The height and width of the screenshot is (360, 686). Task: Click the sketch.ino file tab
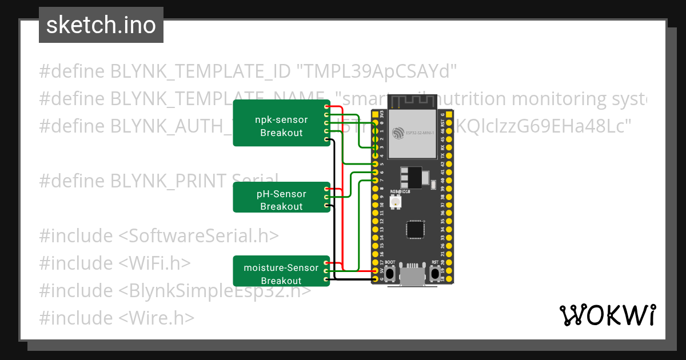click(x=101, y=25)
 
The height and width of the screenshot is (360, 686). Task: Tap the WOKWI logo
click(x=607, y=315)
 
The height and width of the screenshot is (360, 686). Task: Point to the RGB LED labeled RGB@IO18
click(x=395, y=202)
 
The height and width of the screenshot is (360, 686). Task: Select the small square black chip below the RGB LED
click(x=415, y=229)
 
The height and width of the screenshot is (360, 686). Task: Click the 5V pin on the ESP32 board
click(x=375, y=270)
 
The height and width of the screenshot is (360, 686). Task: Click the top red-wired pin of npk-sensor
click(x=326, y=107)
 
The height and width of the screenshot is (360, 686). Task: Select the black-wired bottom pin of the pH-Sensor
click(x=326, y=205)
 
